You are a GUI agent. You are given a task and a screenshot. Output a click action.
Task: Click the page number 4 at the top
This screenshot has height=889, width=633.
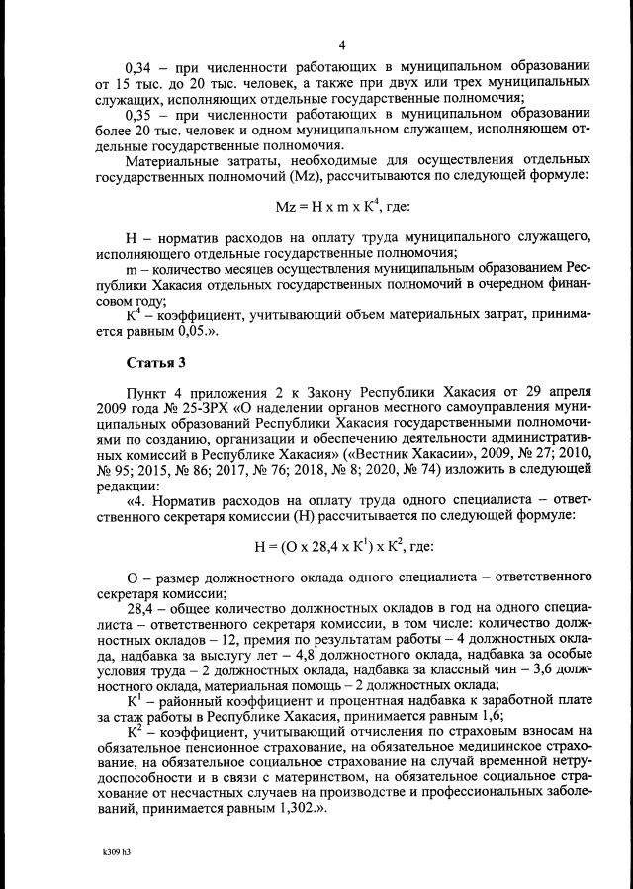pos(341,44)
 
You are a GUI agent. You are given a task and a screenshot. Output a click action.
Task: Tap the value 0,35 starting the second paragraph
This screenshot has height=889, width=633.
pos(140,114)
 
